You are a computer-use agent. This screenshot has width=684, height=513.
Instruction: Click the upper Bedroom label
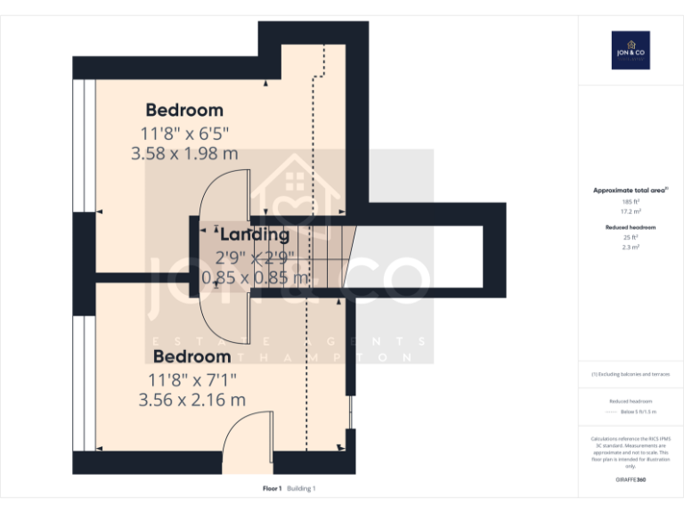click(x=184, y=110)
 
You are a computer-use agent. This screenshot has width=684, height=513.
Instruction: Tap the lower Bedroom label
click(x=192, y=357)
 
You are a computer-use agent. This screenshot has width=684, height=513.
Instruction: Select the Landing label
click(x=254, y=235)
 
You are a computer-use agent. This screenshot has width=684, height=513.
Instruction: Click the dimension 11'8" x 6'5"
click(x=184, y=133)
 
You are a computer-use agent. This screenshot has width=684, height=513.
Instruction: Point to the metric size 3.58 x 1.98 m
click(x=184, y=153)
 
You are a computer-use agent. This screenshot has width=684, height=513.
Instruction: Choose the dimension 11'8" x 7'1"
click(x=192, y=379)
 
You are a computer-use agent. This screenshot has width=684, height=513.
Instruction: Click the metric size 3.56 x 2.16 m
click(x=192, y=400)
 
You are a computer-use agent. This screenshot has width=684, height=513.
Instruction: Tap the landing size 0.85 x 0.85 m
click(x=255, y=278)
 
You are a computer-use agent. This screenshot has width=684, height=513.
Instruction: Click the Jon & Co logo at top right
click(x=631, y=50)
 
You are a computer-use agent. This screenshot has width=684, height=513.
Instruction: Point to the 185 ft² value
click(x=631, y=202)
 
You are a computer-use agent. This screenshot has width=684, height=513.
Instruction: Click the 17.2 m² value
click(x=631, y=211)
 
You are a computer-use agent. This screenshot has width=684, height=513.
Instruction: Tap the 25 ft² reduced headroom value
click(x=631, y=238)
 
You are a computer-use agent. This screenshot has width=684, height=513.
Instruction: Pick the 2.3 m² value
click(x=631, y=247)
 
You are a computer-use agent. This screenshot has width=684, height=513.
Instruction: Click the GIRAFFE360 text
click(x=631, y=480)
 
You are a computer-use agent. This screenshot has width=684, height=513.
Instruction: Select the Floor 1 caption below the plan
click(x=272, y=488)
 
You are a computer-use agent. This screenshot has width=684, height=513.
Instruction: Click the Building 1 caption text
click(x=301, y=488)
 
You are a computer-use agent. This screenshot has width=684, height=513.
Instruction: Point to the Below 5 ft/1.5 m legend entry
click(x=637, y=412)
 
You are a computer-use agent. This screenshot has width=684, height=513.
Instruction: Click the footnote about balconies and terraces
click(x=631, y=374)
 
